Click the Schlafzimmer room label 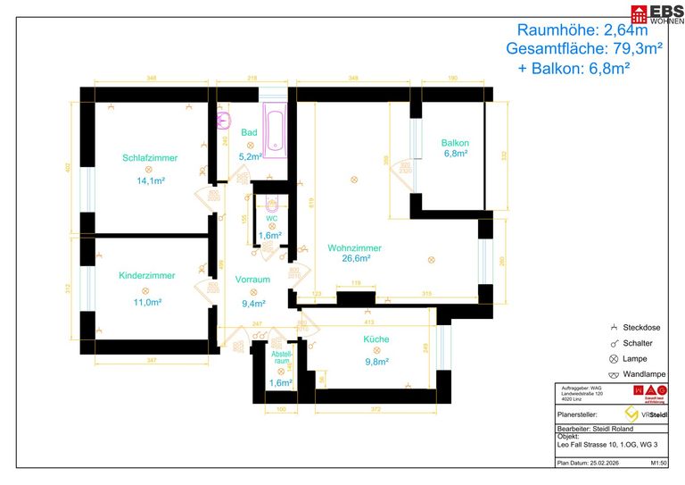(150, 158)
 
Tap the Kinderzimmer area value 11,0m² (147, 303)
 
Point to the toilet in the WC (272, 202)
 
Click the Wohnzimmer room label (354, 248)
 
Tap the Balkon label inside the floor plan (455, 143)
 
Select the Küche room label (376, 339)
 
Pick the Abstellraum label (282, 357)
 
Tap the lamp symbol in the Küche (376, 350)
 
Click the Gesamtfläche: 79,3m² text (583, 49)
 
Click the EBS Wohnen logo (657, 13)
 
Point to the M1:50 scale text (659, 464)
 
